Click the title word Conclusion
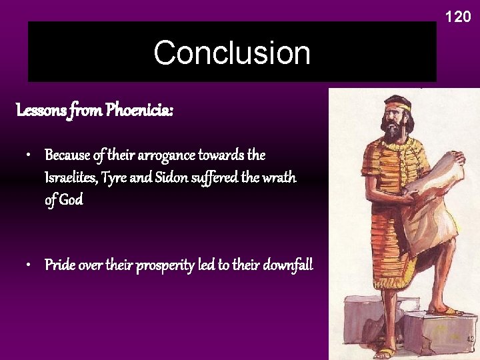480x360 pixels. click(x=231, y=53)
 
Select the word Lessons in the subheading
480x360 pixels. click(x=41, y=110)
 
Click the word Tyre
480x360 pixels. click(x=116, y=178)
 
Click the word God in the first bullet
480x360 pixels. click(x=71, y=200)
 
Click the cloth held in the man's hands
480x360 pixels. click(x=430, y=200)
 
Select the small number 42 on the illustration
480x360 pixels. click(x=470, y=339)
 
